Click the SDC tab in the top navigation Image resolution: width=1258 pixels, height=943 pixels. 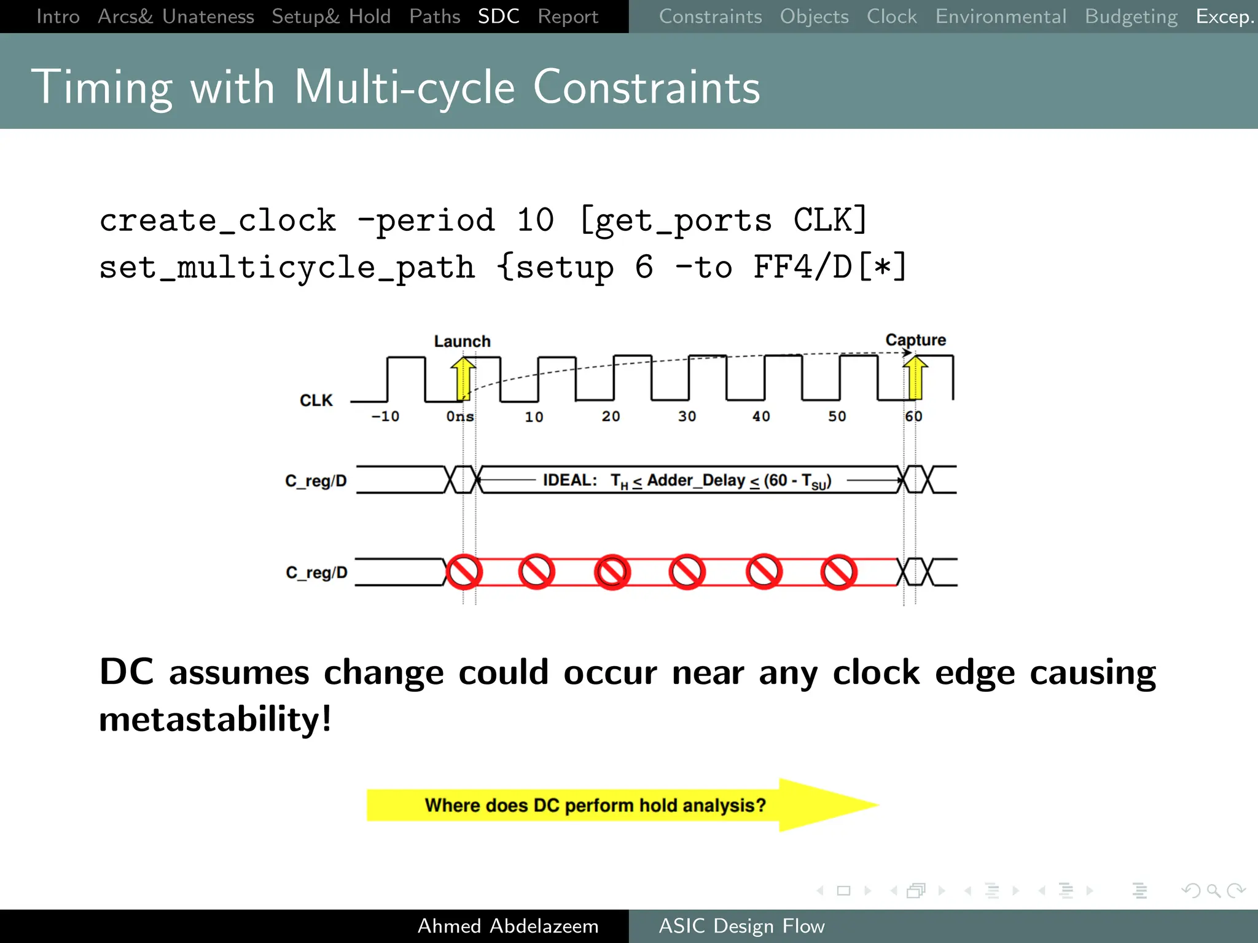tap(498, 17)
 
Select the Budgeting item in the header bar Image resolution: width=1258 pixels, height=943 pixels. tap(1131, 17)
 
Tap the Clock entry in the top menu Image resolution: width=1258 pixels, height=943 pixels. tap(891, 17)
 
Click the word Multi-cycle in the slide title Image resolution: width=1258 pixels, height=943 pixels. tap(404, 88)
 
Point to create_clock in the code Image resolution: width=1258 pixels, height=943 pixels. tap(217, 220)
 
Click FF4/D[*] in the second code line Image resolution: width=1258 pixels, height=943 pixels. tap(830, 268)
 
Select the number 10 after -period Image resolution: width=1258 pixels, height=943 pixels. tap(535, 220)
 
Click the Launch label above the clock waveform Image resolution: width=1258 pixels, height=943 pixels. tap(462, 341)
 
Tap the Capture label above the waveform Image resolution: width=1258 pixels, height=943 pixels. tap(915, 340)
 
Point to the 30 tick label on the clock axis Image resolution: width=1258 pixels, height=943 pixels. tap(687, 417)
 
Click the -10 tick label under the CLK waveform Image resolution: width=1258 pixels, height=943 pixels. tap(385, 417)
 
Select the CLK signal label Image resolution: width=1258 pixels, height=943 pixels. tap(316, 400)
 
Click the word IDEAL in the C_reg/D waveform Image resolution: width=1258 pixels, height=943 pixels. tap(569, 480)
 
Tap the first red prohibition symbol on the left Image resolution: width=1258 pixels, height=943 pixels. tap(464, 572)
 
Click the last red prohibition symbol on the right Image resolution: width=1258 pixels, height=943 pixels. tap(838, 572)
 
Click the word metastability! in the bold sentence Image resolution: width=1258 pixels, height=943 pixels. tap(215, 720)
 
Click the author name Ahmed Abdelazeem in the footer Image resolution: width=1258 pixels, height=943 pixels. tap(507, 926)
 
